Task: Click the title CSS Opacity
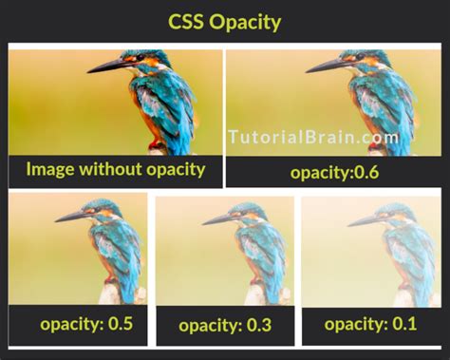(224, 21)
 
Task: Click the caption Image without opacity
(116, 170)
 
